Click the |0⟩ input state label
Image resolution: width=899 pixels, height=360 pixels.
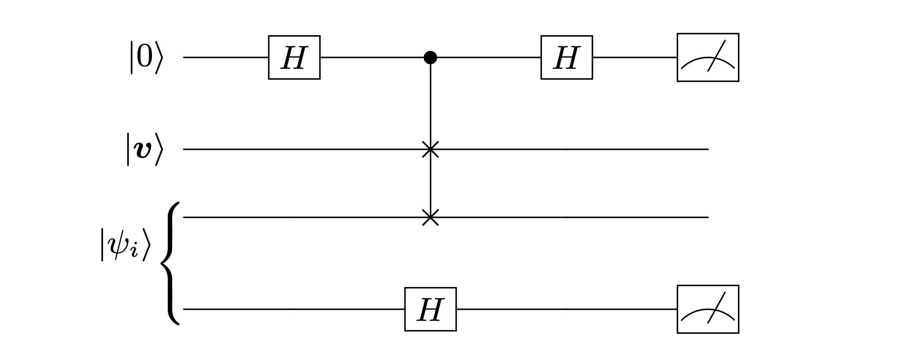pos(146,57)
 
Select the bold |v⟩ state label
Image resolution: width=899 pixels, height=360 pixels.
pos(145,149)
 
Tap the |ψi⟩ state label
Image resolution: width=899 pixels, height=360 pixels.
pos(125,245)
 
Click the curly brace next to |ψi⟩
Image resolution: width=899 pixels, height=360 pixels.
pos(170,264)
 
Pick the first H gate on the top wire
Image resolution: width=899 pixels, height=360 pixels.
pos(294,57)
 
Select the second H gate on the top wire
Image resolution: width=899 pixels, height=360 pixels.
pos(566,57)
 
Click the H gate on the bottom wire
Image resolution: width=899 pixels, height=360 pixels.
pos(430,309)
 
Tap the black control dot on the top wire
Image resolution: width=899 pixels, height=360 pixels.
pos(430,57)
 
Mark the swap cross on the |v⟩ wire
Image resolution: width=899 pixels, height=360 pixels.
pos(430,149)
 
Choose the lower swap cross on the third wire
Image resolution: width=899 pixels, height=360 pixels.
pos(430,217)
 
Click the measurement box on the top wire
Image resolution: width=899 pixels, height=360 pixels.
pos(708,57)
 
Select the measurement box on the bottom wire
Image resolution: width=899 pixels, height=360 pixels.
pos(708,309)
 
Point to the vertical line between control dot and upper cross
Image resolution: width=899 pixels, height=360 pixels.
pos(430,104)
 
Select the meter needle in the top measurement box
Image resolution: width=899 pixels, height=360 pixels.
pos(716,56)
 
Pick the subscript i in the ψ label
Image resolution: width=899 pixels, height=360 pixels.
pos(134,251)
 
